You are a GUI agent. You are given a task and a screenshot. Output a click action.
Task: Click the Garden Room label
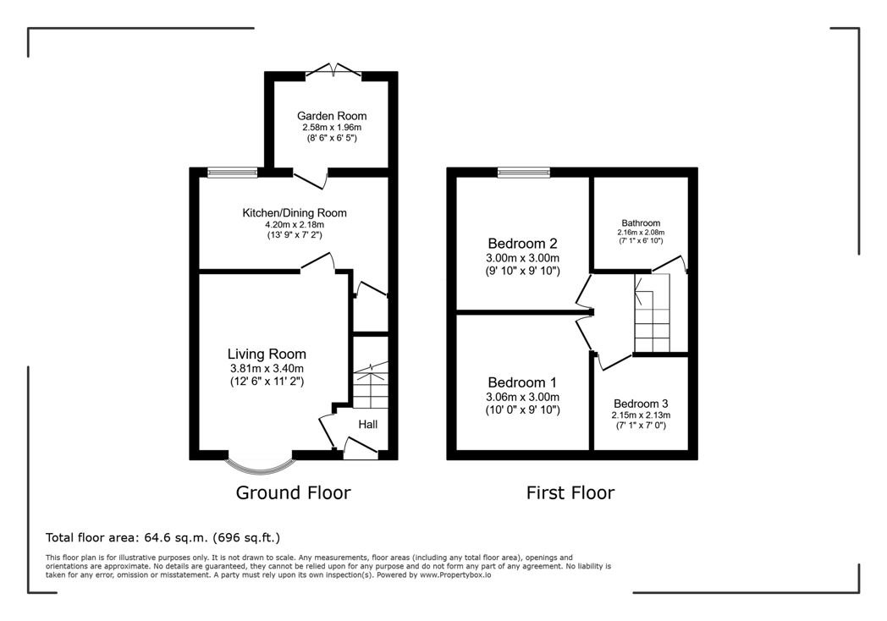click(x=332, y=116)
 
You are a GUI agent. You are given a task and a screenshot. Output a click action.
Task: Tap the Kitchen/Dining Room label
click(x=295, y=212)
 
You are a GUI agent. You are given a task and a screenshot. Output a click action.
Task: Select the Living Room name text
click(x=267, y=354)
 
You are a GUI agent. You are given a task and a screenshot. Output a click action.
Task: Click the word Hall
click(x=367, y=424)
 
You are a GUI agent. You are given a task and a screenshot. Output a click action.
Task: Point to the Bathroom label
click(x=641, y=223)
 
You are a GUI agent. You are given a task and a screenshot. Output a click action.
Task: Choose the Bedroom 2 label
click(x=523, y=243)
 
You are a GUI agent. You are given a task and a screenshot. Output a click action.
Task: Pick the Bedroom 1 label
click(x=522, y=382)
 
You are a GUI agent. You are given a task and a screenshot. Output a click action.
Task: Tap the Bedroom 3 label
click(x=641, y=404)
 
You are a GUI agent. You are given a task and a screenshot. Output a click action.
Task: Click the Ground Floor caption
click(x=293, y=492)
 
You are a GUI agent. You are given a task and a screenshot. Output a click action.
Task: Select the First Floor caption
click(x=570, y=492)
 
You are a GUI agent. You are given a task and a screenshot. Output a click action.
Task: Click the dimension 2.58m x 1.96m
click(x=332, y=128)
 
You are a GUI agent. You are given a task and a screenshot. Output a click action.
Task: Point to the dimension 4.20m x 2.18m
click(x=295, y=224)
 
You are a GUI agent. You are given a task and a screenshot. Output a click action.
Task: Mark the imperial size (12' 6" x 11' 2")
click(x=267, y=382)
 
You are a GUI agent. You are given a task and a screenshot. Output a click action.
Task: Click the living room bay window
click(x=260, y=469)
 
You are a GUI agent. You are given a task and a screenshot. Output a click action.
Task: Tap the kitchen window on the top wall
click(x=233, y=173)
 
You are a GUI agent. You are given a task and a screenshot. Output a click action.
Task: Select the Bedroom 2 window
click(x=524, y=173)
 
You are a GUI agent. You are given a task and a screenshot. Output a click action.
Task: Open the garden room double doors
click(x=333, y=71)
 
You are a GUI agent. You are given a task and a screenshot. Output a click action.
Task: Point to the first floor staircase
click(x=653, y=313)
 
